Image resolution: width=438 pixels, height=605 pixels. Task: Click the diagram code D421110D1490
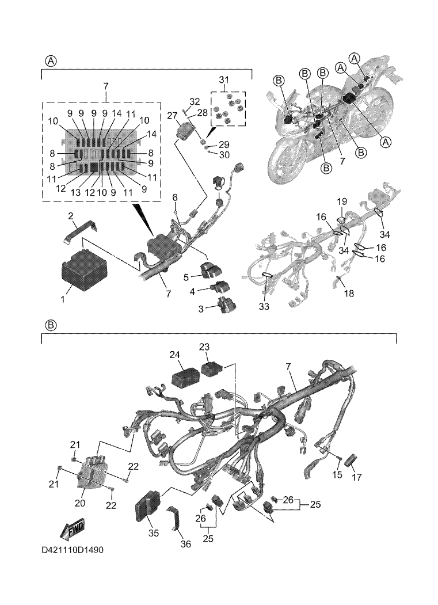[73, 550]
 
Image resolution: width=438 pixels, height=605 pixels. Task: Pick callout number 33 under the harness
[264, 307]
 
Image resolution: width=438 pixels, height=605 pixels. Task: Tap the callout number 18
[349, 294]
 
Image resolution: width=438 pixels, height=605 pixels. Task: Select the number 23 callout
[205, 347]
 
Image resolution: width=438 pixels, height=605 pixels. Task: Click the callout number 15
[338, 475]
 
